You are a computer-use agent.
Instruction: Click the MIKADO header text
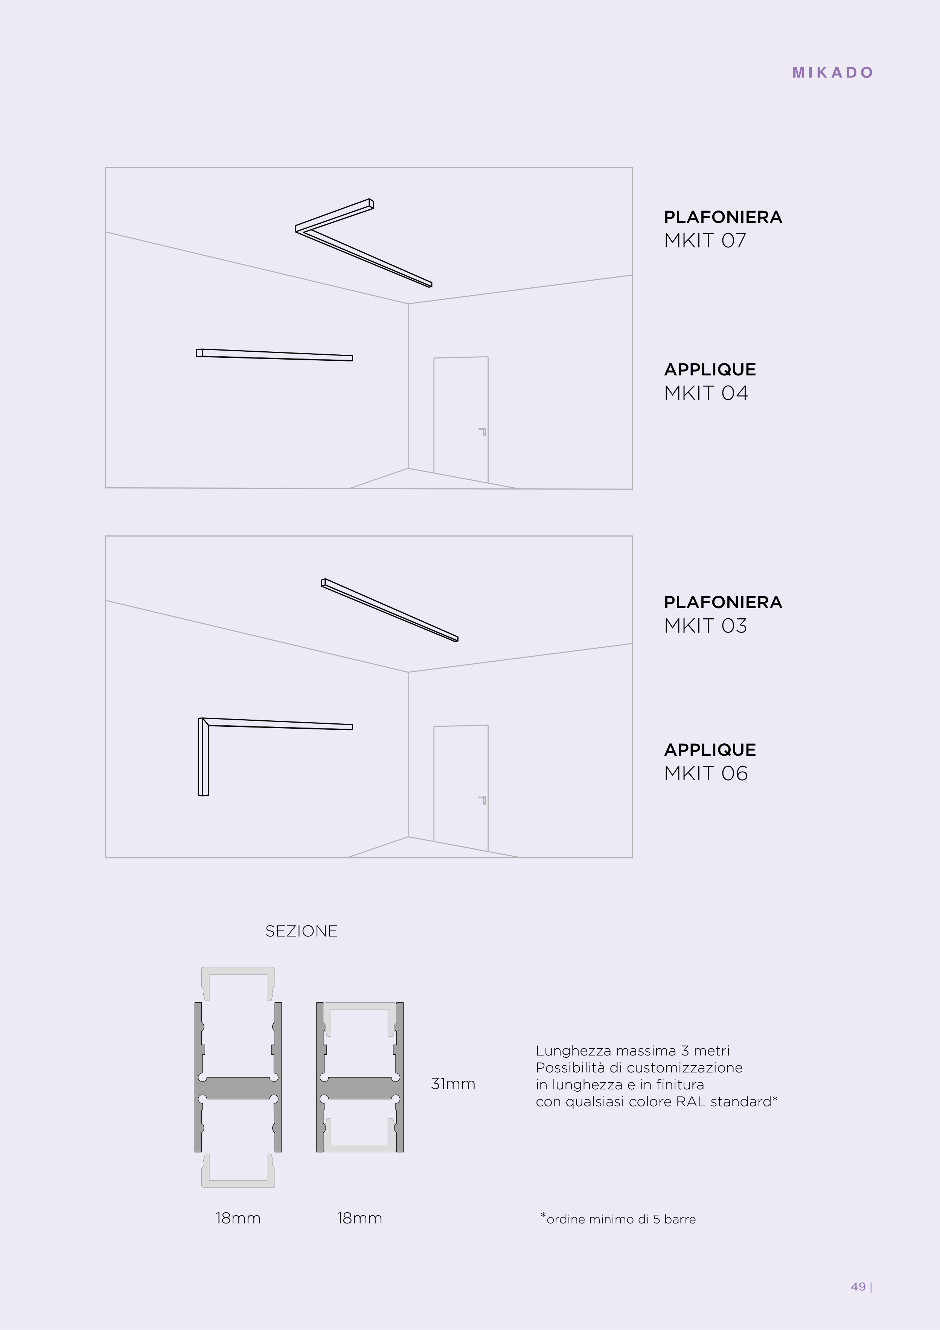[833, 72]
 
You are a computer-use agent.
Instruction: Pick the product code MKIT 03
[705, 625]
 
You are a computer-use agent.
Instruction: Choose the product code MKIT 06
[706, 773]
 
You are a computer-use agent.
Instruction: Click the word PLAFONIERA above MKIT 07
[723, 217]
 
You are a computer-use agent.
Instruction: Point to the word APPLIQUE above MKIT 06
[710, 750]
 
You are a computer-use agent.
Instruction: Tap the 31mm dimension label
[453, 1084]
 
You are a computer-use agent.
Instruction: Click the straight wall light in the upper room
[274, 354]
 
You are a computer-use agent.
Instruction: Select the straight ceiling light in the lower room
[390, 610]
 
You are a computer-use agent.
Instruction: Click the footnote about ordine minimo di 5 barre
[618, 1219]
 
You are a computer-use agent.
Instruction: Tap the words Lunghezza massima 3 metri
[632, 1051]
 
